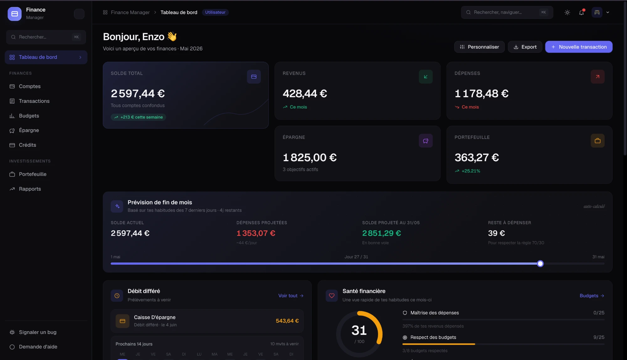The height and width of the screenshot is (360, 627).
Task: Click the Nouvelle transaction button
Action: (579, 47)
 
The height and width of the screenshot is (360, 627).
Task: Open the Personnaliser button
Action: (479, 47)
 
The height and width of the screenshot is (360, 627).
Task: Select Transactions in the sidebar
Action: (34, 101)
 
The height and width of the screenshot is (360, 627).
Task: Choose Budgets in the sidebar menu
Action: (29, 116)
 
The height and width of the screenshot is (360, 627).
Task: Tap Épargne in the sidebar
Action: (29, 130)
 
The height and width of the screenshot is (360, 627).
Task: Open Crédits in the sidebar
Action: (28, 145)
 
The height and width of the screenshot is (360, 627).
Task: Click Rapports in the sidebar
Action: (30, 189)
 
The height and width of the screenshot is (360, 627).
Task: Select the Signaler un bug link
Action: (38, 332)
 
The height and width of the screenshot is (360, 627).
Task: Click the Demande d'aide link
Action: (38, 347)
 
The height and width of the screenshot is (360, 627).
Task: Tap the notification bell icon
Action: (582, 13)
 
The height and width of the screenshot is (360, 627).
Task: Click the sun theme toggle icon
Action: (567, 13)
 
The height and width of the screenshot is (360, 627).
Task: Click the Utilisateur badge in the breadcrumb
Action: (215, 12)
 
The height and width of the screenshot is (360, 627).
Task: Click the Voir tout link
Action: (291, 296)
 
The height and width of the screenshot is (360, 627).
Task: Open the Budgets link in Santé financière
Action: (592, 296)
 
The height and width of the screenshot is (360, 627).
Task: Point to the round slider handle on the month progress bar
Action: (540, 264)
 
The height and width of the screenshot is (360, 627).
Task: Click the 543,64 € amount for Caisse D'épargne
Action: (287, 321)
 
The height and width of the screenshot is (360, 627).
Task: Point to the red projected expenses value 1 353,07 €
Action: (256, 233)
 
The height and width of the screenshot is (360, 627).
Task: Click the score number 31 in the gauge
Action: (359, 330)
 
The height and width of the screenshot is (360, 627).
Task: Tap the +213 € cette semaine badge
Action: (138, 117)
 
